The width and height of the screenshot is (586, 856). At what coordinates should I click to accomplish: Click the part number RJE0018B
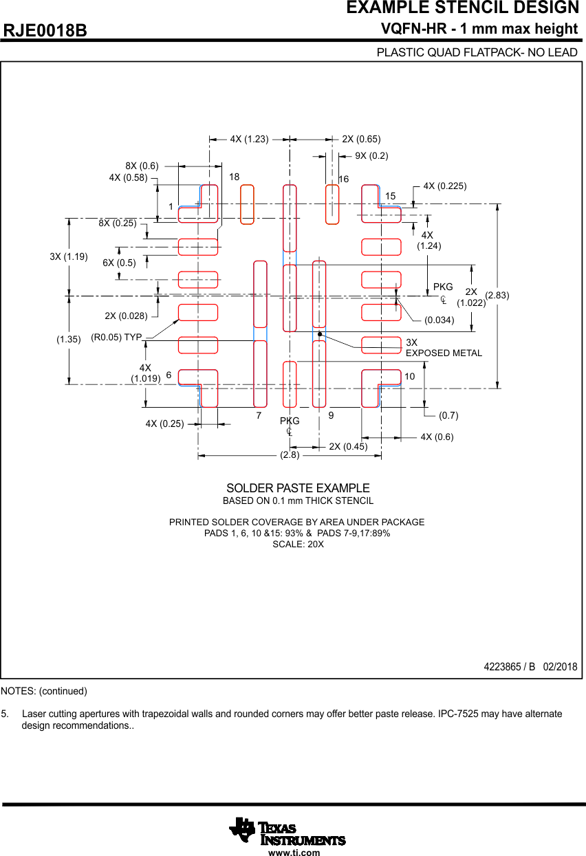pos(45,31)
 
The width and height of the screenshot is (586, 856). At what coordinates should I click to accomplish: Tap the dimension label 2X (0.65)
pos(361,139)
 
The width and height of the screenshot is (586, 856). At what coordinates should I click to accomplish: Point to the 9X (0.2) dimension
pos(371,156)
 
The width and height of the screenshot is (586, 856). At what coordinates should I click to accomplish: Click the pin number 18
pos(234,177)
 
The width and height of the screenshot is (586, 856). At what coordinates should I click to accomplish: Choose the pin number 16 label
pos(343,179)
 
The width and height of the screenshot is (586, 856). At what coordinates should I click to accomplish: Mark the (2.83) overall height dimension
pos(497,296)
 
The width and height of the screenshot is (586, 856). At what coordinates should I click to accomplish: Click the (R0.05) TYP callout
pos(116,338)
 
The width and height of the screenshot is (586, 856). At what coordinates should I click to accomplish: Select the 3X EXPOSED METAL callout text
pos(444,348)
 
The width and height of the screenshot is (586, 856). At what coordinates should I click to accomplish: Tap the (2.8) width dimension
pos(290,455)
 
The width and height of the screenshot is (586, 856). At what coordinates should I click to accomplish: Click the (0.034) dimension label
pos(439,320)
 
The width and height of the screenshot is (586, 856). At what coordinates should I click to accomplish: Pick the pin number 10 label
pos(409,377)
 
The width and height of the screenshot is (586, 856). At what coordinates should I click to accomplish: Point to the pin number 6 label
pos(169,376)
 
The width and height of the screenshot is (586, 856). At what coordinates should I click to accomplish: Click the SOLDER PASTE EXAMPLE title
pos(298,488)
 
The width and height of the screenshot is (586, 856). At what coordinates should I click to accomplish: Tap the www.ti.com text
pos(294,853)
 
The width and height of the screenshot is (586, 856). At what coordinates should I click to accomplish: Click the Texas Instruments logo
pos(287,831)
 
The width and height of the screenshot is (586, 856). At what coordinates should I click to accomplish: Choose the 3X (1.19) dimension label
pos(69,257)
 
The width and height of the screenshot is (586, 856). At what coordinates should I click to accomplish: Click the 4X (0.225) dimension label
pos(444,186)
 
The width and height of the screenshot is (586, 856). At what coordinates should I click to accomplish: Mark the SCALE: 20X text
pos(298,544)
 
